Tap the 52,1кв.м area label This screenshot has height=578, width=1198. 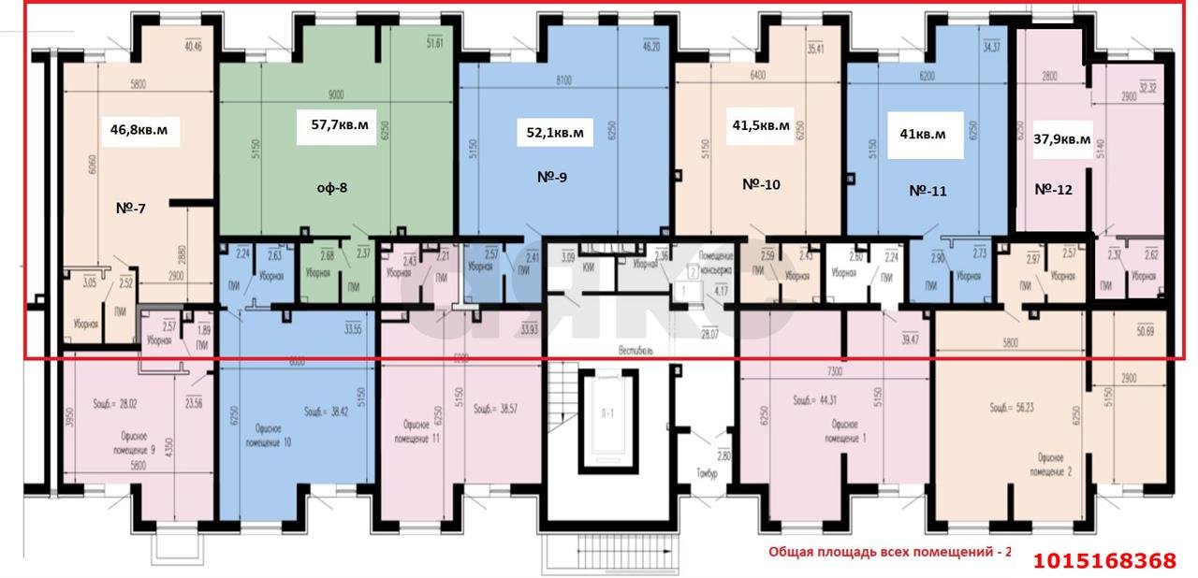[x=555, y=133]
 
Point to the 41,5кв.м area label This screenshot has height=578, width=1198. [x=760, y=124]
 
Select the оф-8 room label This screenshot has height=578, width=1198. [x=331, y=187]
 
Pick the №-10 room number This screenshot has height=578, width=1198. [x=761, y=184]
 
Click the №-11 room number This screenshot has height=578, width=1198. [x=928, y=191]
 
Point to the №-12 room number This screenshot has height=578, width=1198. [x=1055, y=189]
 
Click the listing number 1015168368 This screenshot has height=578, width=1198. [x=1104, y=560]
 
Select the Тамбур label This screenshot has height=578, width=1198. [x=707, y=474]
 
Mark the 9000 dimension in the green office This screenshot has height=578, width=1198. [x=337, y=94]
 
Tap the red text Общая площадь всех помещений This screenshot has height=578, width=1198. [x=890, y=552]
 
